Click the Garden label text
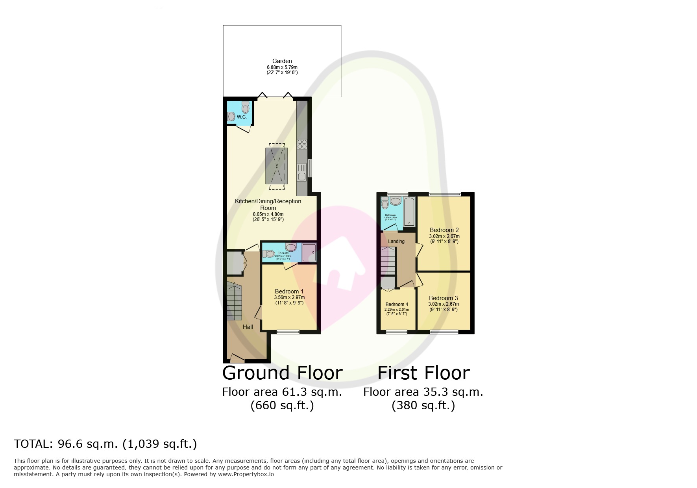pyautogui.click(x=282, y=61)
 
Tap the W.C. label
pyautogui.click(x=241, y=117)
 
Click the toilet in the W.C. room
pyautogui.click(x=246, y=107)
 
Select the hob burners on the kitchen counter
pyautogui.click(x=302, y=144)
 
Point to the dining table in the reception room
pyautogui.click(x=276, y=166)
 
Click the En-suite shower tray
pyautogui.click(x=309, y=252)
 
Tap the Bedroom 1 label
pyautogui.click(x=289, y=291)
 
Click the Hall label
pyautogui.click(x=248, y=327)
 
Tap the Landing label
pyautogui.click(x=396, y=241)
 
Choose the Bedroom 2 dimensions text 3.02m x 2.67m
pyautogui.click(x=444, y=236)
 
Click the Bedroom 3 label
pyautogui.click(x=443, y=298)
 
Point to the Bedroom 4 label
pyautogui.click(x=396, y=304)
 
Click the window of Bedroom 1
pyautogui.click(x=288, y=332)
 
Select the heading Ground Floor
pyautogui.click(x=282, y=373)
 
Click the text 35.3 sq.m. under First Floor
pyautogui.click(x=453, y=392)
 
